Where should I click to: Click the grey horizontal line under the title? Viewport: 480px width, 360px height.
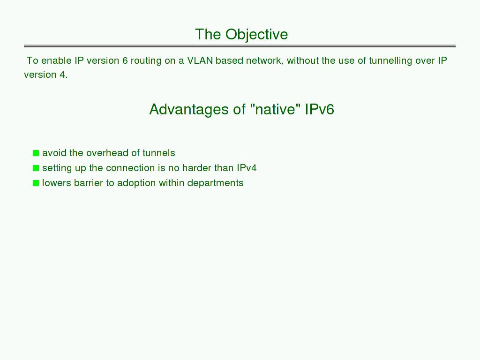(x=240, y=46)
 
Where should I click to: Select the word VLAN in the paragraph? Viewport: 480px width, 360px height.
(x=200, y=60)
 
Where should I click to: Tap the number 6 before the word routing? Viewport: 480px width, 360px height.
(x=125, y=60)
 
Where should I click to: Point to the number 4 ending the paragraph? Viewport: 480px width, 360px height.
(x=62, y=75)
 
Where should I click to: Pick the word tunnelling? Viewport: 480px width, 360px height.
(x=390, y=60)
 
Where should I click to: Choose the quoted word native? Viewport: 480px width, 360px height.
(x=275, y=109)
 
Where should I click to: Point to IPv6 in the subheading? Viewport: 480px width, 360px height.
(x=319, y=109)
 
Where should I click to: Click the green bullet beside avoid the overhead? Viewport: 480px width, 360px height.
(x=36, y=153)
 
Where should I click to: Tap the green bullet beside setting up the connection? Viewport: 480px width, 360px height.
(x=36, y=168)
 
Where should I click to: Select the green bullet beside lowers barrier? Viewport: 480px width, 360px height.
(x=36, y=183)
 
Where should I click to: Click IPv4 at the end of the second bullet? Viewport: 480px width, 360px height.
(x=247, y=168)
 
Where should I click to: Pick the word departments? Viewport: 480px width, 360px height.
(x=215, y=183)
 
